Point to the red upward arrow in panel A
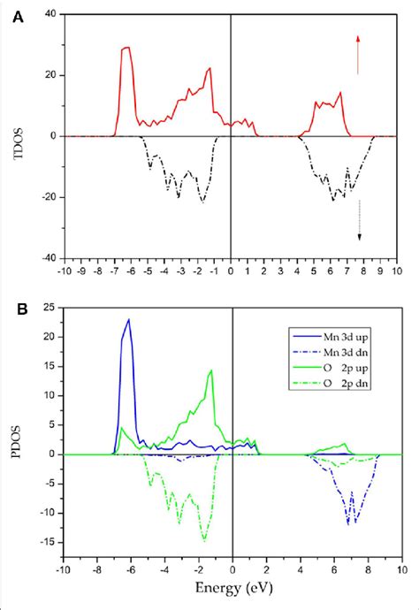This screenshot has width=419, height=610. [358, 54]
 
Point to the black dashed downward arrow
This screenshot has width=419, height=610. [360, 219]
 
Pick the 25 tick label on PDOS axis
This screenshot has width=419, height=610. [50, 308]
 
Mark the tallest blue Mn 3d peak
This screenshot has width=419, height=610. [129, 320]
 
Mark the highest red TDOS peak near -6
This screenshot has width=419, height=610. [126, 48]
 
